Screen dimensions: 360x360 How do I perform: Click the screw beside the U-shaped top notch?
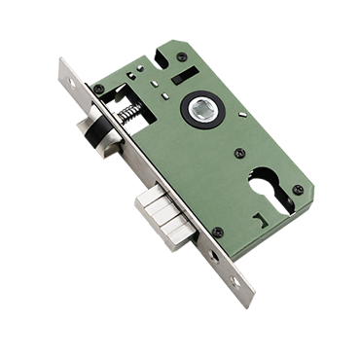coord(182,57)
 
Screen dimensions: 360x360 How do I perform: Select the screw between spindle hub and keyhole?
coord(239,151)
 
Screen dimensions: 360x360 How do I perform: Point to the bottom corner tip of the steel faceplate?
coord(244,297)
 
